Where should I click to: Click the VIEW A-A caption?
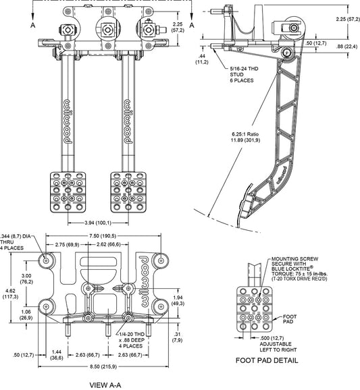click(x=105, y=385)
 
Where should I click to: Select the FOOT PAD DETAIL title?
click(x=267, y=360)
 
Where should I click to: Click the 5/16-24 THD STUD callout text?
click(x=244, y=74)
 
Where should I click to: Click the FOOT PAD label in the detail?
click(x=290, y=319)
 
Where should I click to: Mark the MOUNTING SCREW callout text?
click(x=299, y=269)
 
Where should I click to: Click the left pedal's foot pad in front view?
click(x=68, y=192)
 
